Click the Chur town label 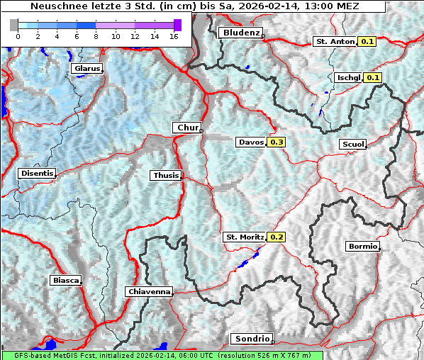coord(187,128)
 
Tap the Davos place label coord(251,142)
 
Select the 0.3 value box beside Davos coord(277,142)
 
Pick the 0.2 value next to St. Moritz coord(277,237)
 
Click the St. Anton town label coord(335,42)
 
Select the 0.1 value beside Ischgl coord(374,77)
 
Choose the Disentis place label coord(37,173)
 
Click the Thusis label coord(166,175)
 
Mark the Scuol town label coord(352,144)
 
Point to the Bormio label coord(362,247)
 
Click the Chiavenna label coord(149,291)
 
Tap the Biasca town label coord(65,280)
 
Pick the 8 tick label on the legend coord(96,35)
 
